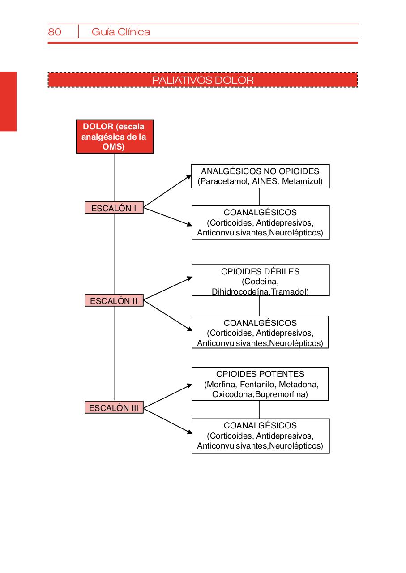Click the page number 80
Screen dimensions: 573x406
pos(55,32)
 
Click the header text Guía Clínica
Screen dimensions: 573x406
pos(121,32)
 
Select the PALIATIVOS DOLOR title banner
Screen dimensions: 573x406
pos(203,80)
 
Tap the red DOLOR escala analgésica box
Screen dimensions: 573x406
pos(115,137)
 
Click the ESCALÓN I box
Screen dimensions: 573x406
pos(114,208)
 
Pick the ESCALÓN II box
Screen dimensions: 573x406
pos(114,301)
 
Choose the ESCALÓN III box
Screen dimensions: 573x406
pos(114,408)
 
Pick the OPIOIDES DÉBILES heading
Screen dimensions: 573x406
pos(260,272)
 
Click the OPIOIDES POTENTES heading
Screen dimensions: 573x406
pos(260,374)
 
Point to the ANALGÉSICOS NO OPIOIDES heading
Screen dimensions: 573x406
pos(260,171)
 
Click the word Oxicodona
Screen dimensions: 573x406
pos(233,394)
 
